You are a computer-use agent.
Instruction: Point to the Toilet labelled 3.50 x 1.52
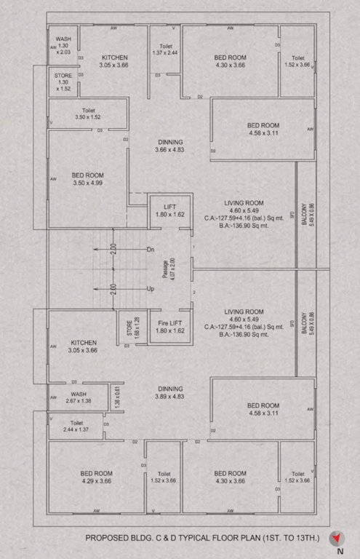(x=87, y=113)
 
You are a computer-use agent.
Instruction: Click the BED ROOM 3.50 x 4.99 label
(x=87, y=180)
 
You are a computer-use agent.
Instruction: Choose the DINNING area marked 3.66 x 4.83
(x=169, y=146)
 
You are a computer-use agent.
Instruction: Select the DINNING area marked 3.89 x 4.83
(x=169, y=392)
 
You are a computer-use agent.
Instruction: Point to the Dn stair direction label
(x=151, y=250)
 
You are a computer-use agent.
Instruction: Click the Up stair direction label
(x=151, y=289)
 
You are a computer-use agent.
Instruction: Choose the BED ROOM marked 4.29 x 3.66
(x=96, y=477)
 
